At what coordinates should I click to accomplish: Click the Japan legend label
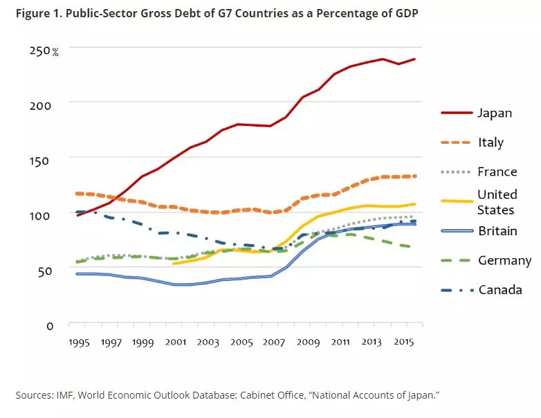pos(495,113)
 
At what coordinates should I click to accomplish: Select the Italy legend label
pos(490,143)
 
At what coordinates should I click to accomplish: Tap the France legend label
pos(497,172)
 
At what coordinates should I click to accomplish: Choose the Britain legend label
pos(497,231)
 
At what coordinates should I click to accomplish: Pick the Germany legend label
pos(504,261)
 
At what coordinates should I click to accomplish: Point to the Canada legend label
pos(500,290)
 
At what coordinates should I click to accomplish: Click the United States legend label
pos(497,201)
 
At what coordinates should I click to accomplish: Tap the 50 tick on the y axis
pos(46,271)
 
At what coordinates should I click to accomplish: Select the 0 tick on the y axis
pos(50,325)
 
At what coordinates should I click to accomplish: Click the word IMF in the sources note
pos(67,395)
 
